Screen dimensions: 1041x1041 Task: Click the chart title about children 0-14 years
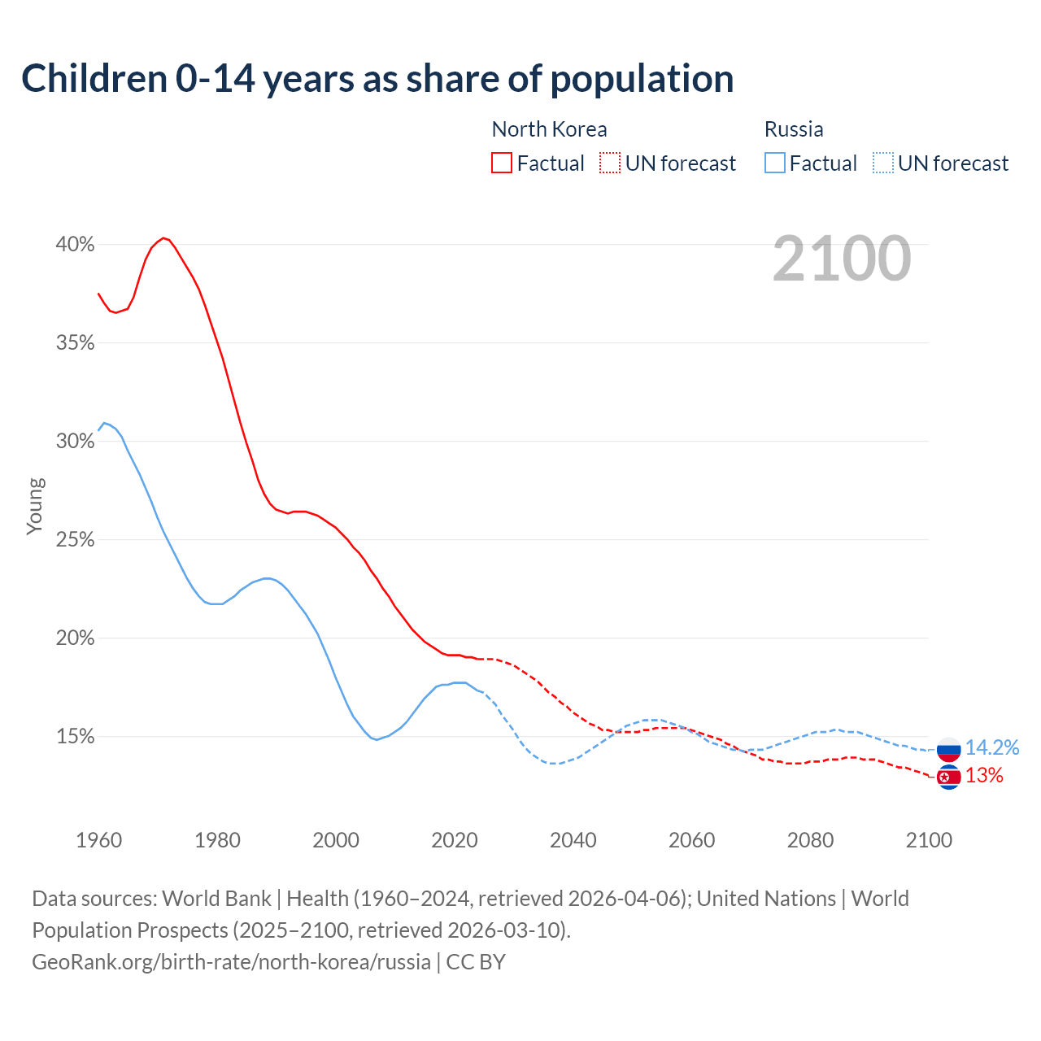[x=377, y=79]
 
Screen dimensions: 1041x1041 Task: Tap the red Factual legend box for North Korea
[x=502, y=163]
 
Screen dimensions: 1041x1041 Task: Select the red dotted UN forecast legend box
[x=610, y=163]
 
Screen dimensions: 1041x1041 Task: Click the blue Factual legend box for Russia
[x=775, y=163]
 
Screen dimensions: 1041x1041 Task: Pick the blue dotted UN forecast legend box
[x=883, y=163]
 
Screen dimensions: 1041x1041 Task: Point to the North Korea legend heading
[x=549, y=129]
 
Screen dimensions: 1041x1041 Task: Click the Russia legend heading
[x=794, y=129]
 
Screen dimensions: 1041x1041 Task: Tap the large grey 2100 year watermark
[x=842, y=259]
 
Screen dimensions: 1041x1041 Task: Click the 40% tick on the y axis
[x=75, y=245]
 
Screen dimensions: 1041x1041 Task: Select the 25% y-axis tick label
[x=75, y=540]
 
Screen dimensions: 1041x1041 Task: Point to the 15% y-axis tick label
[x=75, y=737]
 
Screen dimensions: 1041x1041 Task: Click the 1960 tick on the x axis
[x=98, y=840]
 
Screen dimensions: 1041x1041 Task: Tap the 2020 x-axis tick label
[x=455, y=840]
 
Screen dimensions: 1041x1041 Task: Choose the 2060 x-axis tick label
[x=692, y=840]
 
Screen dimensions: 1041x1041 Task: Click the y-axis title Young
[x=35, y=506]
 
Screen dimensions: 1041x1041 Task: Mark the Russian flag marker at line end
[x=949, y=749]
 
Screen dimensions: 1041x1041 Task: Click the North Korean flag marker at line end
[x=949, y=777]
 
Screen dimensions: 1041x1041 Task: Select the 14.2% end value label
[x=992, y=747]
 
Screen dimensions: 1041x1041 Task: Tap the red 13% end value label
[x=984, y=776]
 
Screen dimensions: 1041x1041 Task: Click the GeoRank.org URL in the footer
[x=231, y=962]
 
